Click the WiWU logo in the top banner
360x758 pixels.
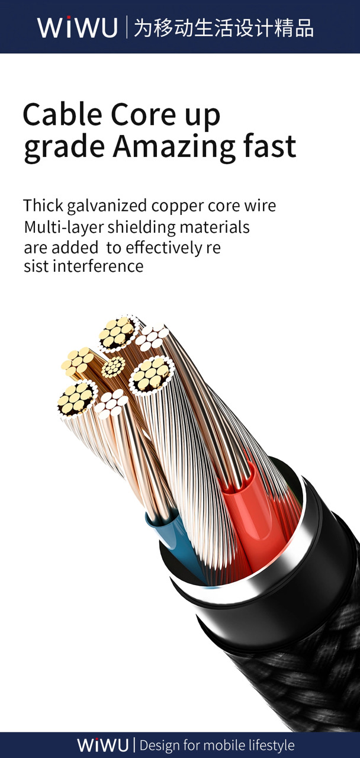pyautogui.click(x=78, y=27)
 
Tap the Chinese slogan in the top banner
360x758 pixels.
pyautogui.click(x=223, y=28)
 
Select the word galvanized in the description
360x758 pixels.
pyautogui.click(x=107, y=206)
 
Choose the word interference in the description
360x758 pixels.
pyautogui.click(x=98, y=266)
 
